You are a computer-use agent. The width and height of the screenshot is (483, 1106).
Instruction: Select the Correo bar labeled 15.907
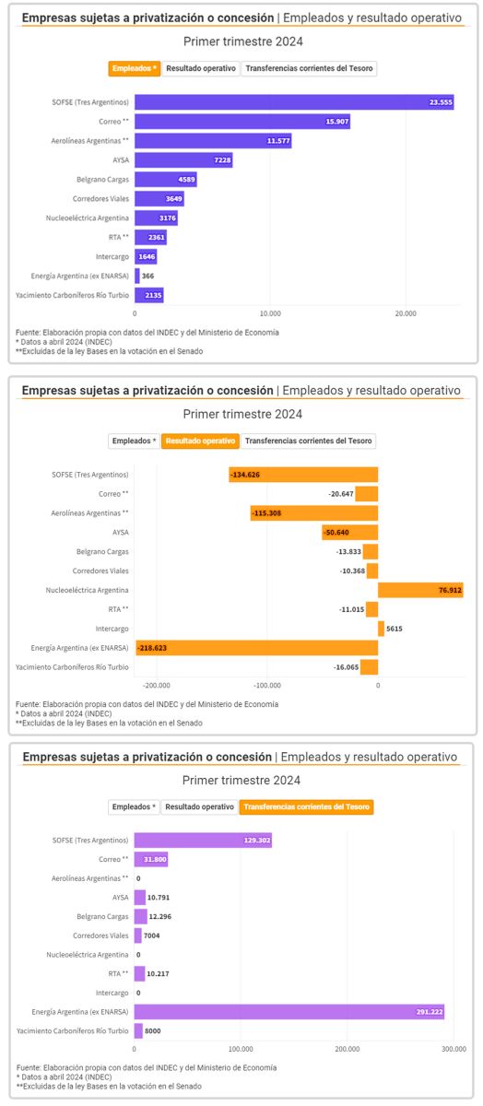(x=241, y=122)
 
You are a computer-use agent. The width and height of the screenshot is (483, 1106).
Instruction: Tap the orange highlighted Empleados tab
(x=135, y=68)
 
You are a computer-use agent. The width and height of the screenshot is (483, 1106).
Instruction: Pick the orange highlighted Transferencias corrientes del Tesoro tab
(x=307, y=806)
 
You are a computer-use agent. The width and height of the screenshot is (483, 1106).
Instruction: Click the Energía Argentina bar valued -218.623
(x=256, y=648)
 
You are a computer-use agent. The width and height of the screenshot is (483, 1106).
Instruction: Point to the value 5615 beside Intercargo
(x=395, y=629)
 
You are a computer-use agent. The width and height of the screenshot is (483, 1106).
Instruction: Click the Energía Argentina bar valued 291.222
(x=289, y=1012)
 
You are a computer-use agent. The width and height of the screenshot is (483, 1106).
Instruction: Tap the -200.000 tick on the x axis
(x=157, y=686)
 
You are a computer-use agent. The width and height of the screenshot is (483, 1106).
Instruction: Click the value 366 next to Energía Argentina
(x=147, y=276)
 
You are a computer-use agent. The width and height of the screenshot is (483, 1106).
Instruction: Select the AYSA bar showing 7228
(x=183, y=160)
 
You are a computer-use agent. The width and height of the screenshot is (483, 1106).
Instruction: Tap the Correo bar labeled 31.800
(x=150, y=859)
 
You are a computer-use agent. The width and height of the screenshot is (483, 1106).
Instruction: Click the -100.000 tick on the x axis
(x=267, y=686)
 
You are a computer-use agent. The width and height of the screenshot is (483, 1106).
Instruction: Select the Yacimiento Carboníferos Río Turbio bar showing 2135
(x=148, y=295)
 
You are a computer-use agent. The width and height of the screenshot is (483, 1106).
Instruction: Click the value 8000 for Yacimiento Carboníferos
(x=156, y=1031)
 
